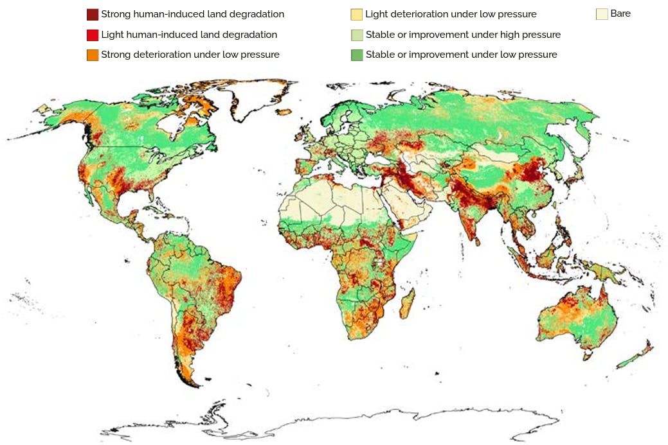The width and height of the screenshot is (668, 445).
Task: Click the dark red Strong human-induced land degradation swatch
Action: point(93,14)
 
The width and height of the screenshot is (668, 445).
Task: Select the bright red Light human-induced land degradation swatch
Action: point(93,35)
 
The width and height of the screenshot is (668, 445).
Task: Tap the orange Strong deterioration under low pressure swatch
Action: point(93,55)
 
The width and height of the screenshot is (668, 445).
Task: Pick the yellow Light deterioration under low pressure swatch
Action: point(356,14)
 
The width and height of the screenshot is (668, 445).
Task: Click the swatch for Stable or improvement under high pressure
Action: point(357,35)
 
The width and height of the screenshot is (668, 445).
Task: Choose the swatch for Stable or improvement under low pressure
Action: point(357,55)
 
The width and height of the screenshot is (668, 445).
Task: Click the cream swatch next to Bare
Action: point(602,13)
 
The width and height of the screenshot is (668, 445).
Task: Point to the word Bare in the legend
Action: point(620,13)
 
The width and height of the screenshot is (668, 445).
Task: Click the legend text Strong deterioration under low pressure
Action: point(190,55)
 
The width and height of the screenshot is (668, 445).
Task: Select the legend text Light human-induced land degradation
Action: point(189,35)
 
